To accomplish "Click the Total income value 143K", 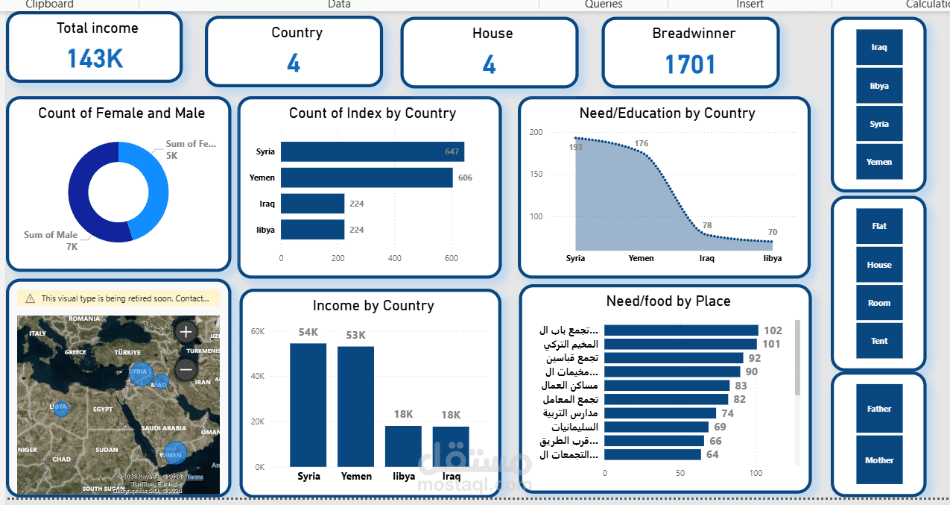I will coord(95,59).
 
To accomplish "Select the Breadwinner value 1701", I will coord(690,65).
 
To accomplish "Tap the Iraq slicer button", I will coord(879,48).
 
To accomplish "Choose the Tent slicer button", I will coord(879,341).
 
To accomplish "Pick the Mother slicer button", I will coord(879,460).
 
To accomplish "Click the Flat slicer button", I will coord(879,226).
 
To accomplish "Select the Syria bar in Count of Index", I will coord(372,151).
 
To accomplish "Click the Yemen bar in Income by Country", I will coord(355,407).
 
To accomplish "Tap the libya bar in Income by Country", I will coord(403,446).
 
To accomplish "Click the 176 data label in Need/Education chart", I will coord(641,144).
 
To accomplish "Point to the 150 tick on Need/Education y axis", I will coord(536,175).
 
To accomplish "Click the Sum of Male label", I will coord(50,235).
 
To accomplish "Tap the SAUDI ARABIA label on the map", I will coord(163,428).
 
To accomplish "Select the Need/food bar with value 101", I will coord(680,344).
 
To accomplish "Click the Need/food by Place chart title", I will coord(668,301).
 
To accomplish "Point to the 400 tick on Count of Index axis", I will coord(394,258).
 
